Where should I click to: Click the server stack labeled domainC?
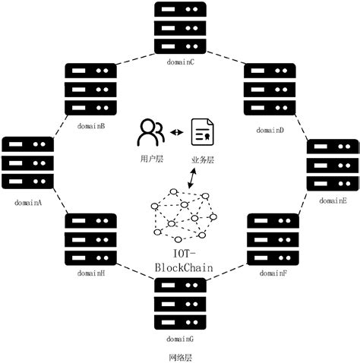[x=179, y=30]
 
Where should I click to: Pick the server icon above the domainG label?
[x=179, y=303]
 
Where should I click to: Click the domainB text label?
[x=90, y=126]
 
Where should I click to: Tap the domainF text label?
[x=272, y=272]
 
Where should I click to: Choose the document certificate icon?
[x=201, y=134]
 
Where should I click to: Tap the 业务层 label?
[x=201, y=160]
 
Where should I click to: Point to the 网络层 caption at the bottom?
[x=180, y=355]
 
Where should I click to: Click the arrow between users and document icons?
[x=177, y=133]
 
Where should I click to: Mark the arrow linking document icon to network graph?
[x=194, y=179]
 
